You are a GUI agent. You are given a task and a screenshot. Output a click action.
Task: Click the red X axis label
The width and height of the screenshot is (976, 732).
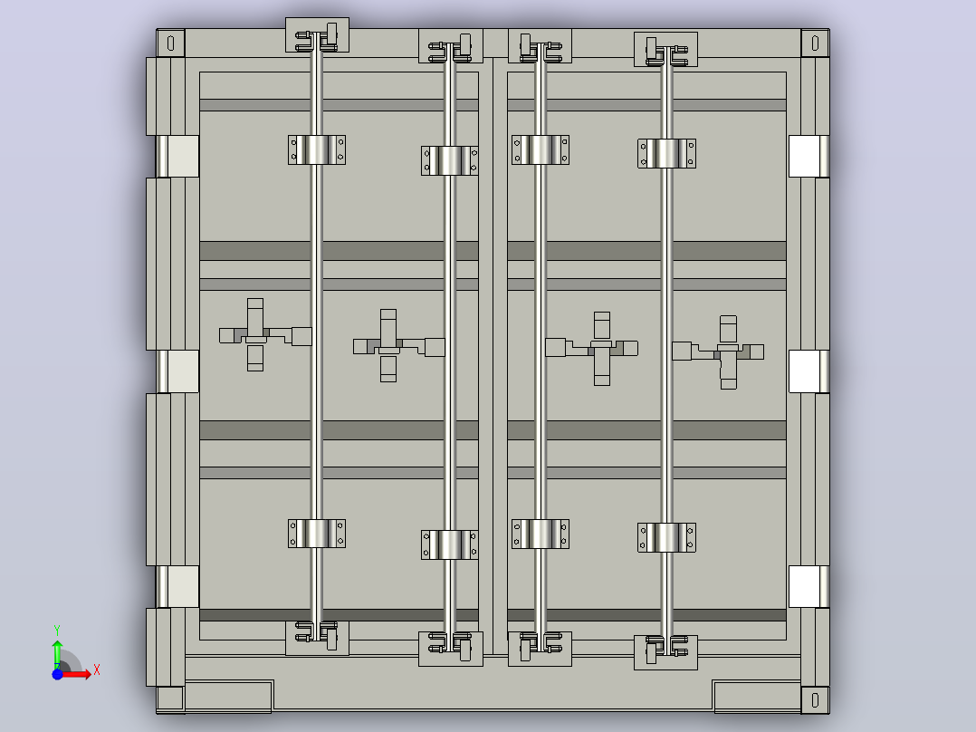point(97,670)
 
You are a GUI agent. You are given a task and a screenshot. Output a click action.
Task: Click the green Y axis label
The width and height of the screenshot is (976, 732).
point(57,631)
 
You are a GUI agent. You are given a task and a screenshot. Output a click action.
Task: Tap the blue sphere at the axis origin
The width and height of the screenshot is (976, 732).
point(57,674)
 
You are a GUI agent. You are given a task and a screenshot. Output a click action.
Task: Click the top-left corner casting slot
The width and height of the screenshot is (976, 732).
point(170,43)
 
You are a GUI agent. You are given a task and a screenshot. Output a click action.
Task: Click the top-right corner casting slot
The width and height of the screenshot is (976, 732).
point(815,43)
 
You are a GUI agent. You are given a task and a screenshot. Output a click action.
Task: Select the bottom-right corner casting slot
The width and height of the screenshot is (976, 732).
point(815,700)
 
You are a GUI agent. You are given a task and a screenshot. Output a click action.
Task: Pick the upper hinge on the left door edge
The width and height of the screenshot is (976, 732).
point(177,157)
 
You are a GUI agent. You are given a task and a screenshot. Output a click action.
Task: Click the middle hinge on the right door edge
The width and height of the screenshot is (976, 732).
point(809,371)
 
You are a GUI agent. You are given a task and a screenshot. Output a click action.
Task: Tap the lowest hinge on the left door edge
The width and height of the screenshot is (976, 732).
point(177,587)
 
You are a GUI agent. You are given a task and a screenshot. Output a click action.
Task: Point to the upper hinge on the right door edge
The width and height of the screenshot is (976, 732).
point(809,157)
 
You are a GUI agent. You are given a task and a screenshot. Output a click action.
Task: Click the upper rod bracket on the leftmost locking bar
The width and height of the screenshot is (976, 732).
point(317,150)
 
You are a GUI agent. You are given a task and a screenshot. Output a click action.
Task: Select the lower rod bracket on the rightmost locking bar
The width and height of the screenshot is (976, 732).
point(666,537)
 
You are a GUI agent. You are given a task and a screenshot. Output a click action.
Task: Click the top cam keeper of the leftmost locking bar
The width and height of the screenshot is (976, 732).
point(317,35)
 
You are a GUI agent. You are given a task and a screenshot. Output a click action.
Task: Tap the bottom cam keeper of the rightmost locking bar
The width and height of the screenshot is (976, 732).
point(665,652)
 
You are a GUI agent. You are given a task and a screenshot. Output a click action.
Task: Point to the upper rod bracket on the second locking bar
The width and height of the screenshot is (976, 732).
point(449,160)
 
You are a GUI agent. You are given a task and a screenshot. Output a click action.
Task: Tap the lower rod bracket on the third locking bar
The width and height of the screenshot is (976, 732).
point(541,534)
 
